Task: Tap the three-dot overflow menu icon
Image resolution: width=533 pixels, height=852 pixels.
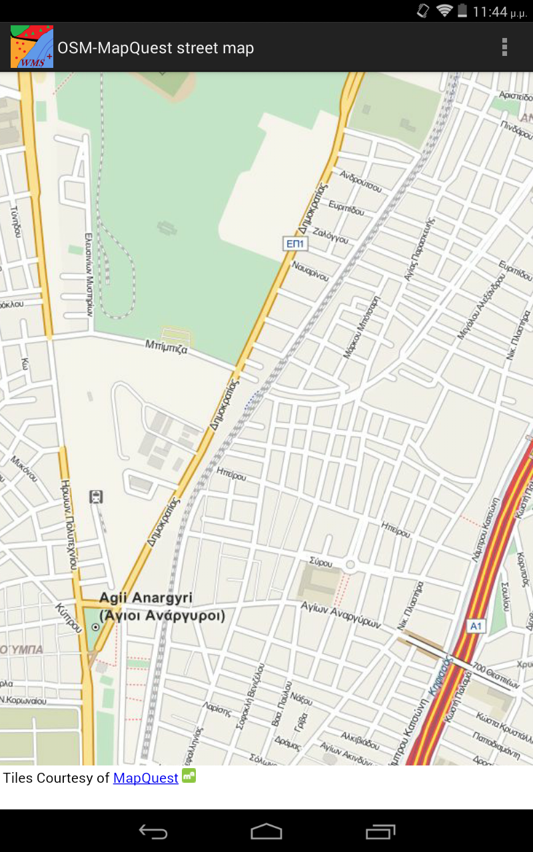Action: tap(504, 47)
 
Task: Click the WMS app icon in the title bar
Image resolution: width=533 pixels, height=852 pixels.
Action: tap(32, 47)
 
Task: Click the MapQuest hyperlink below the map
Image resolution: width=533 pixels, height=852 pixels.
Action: tap(146, 777)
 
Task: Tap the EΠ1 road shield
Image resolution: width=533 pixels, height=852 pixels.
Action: tap(295, 244)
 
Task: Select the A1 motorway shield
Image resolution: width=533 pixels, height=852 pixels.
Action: tap(476, 626)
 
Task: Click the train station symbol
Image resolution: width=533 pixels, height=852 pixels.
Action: tap(96, 497)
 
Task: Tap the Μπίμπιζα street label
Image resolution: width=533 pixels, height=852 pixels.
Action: tap(167, 346)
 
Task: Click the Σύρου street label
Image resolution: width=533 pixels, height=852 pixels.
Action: tap(322, 563)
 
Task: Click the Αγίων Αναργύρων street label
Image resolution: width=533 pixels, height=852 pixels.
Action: tap(340, 615)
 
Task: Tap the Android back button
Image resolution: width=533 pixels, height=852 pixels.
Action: tap(153, 831)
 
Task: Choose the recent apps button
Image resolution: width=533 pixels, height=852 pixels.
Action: tap(380, 831)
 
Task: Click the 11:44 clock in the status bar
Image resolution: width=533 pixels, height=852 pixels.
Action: tap(490, 11)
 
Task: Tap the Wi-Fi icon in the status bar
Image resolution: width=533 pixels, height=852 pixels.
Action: tap(444, 11)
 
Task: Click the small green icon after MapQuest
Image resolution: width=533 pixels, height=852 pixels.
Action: tap(189, 775)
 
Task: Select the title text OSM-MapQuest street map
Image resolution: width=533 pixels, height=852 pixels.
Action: tap(156, 48)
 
